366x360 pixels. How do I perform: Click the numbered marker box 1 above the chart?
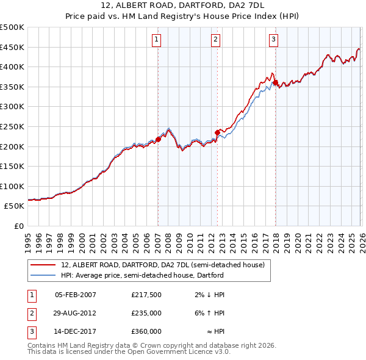click(x=157, y=40)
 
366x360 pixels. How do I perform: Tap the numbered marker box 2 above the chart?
click(x=216, y=40)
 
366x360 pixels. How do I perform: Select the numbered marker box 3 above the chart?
click(x=273, y=40)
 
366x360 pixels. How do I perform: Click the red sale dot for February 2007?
click(x=158, y=139)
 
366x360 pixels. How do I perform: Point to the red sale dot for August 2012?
click(x=217, y=132)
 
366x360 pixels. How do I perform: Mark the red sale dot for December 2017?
click(x=275, y=82)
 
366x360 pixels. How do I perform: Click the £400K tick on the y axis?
click(x=12, y=67)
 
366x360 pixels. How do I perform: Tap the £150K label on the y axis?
click(x=12, y=166)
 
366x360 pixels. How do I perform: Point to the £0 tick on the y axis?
click(x=20, y=226)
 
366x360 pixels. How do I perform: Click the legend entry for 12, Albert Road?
click(x=162, y=265)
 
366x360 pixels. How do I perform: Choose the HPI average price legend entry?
click(x=142, y=275)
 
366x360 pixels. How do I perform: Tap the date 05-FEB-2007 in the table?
click(x=76, y=295)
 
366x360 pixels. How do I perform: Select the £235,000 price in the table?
click(x=146, y=313)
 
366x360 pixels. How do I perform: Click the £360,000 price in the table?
click(x=146, y=331)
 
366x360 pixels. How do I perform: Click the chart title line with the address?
click(x=183, y=7)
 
